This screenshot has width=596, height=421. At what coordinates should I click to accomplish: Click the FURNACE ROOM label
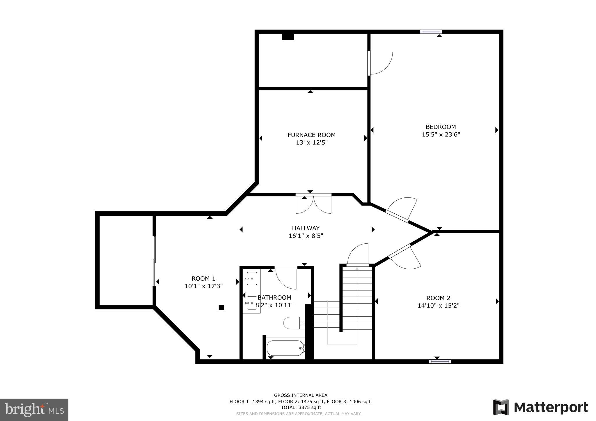click(311, 135)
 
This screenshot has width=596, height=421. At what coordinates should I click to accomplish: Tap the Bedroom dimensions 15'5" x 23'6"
click(441, 135)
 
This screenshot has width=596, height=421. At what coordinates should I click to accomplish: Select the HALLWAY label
click(306, 228)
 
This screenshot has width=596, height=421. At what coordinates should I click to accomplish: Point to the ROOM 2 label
click(438, 298)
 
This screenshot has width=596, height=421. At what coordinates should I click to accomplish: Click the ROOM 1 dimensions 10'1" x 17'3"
click(203, 286)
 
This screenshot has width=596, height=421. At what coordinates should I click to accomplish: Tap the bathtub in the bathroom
click(285, 348)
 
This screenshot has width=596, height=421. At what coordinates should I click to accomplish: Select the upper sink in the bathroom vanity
click(251, 279)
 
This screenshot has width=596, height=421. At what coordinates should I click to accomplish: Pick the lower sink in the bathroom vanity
click(251, 303)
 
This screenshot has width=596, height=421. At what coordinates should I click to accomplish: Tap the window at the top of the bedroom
click(431, 32)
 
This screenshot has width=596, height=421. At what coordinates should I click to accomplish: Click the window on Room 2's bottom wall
click(440, 361)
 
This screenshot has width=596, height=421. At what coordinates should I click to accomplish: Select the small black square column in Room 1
click(221, 307)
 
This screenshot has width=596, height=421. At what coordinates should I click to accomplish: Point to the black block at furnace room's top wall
click(288, 37)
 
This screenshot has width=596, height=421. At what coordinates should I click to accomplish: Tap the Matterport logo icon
click(501, 407)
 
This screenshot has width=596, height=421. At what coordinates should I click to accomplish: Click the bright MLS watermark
click(34, 410)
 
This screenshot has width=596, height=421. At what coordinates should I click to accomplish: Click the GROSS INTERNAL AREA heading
click(301, 395)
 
